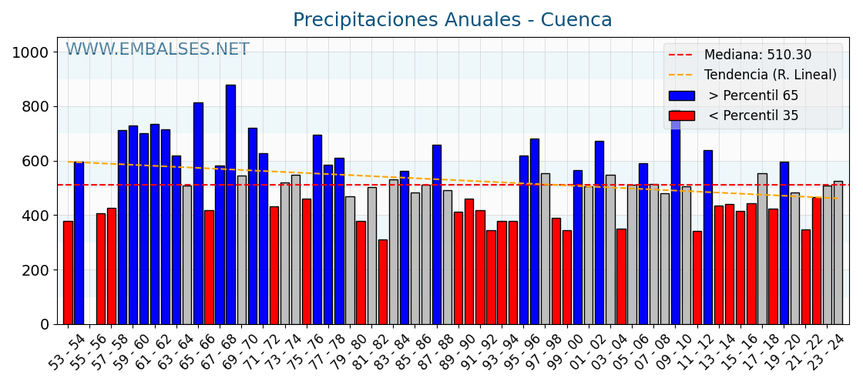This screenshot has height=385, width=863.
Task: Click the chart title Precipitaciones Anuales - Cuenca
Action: tap(452, 20)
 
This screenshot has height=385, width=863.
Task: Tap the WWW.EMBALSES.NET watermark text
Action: tap(157, 50)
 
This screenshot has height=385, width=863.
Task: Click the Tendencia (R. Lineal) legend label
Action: tap(770, 75)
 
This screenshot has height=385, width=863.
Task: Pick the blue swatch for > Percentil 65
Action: tap(681, 95)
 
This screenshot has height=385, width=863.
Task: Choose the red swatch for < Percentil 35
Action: tap(681, 115)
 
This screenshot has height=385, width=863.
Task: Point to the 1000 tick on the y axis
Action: tap(30, 52)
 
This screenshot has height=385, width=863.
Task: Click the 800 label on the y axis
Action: tap(35, 107)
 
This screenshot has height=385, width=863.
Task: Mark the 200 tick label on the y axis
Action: tap(35, 270)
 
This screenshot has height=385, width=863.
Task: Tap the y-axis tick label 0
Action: tap(45, 325)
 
